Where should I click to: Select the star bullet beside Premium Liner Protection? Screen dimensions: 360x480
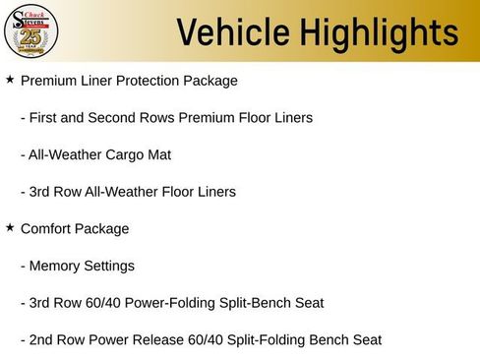(10, 79)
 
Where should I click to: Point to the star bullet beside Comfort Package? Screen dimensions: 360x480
(10, 228)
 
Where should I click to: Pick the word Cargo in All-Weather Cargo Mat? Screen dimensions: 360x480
(127, 154)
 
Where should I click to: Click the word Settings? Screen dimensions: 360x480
(109, 266)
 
